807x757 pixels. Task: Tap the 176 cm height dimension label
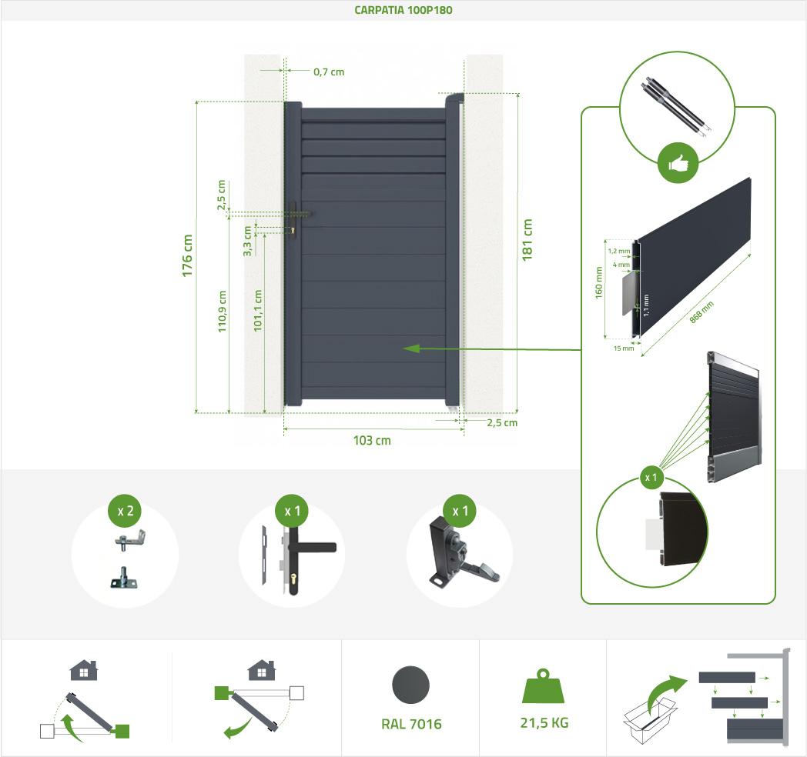(187, 255)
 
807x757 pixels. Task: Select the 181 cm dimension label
(527, 239)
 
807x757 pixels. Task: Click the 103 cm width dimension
(372, 441)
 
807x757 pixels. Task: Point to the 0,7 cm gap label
(329, 72)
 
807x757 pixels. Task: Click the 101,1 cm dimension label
(258, 311)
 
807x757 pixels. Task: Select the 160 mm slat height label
(598, 282)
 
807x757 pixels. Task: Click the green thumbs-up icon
(678, 164)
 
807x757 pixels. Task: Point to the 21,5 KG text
(544, 723)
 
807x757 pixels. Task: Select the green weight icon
(544, 686)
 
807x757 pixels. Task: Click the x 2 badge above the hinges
(125, 511)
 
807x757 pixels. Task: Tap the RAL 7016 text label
(411, 724)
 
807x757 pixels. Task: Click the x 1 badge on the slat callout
(651, 478)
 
